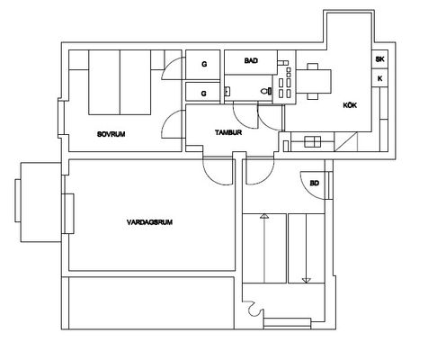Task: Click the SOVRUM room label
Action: coord(111,134)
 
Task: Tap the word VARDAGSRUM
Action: coord(149,222)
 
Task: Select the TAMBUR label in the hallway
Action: coord(228,132)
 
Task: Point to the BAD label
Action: coord(251,60)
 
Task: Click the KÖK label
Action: coord(350,105)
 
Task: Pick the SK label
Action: coord(379,59)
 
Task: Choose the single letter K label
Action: coord(380,78)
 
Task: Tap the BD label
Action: coord(315,183)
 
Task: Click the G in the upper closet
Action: coord(204,64)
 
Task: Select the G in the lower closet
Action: coord(204,94)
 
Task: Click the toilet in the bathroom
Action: coord(266,91)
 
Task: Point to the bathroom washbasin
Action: coord(227,91)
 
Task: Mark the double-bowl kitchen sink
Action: coord(313,141)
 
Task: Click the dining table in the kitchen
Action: coord(314,81)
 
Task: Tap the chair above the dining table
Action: coord(313,67)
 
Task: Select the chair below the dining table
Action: coord(313,96)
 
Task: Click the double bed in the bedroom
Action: coord(120,82)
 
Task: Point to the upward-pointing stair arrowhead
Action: coord(264,216)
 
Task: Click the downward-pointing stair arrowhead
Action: coord(306,281)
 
